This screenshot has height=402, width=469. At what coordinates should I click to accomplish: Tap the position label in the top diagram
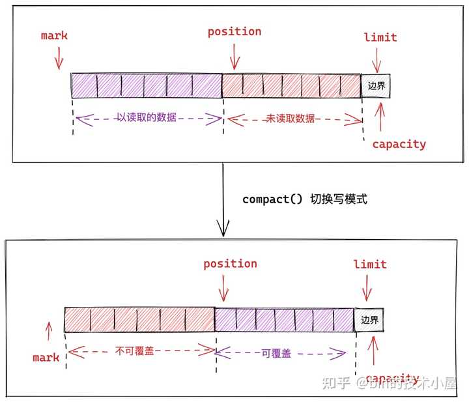coord(234,31)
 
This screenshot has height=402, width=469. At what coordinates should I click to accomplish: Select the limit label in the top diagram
coord(380,37)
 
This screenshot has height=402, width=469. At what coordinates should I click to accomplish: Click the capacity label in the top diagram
coord(399,144)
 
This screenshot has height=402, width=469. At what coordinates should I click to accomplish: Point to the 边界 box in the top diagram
coord(377,86)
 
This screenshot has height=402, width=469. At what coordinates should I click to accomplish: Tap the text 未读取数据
coord(291,119)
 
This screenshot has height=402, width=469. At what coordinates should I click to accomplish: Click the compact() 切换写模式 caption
coord(304,199)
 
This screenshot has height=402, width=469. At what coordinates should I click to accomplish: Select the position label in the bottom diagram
coord(230,263)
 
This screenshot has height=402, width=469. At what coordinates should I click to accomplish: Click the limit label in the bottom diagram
coord(370,264)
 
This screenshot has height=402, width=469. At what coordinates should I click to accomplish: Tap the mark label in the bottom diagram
coord(46,357)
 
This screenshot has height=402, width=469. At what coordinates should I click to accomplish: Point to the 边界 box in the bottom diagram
coord(369,320)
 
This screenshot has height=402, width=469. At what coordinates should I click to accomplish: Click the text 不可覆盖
coord(137,351)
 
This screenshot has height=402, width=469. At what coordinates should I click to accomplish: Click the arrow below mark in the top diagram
coord(59,61)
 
